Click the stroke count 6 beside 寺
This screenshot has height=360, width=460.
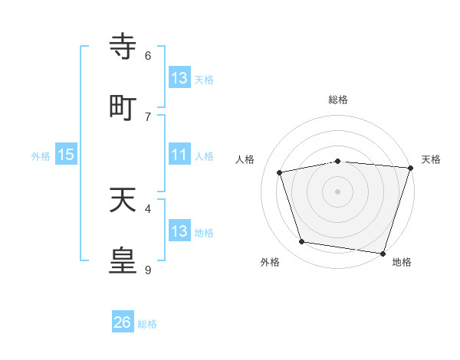[x=148, y=55]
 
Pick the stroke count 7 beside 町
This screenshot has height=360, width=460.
[x=148, y=116]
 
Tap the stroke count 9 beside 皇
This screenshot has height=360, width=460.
[x=148, y=270]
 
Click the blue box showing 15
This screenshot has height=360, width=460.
[x=66, y=155]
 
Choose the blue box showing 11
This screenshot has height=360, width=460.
[x=179, y=155]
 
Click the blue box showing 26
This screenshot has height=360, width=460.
[x=123, y=322]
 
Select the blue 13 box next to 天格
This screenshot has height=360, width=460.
[x=179, y=78]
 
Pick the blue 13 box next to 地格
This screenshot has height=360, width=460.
[x=179, y=231]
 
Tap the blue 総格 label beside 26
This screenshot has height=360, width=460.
[x=148, y=324]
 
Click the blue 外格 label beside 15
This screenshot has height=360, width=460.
[x=41, y=155]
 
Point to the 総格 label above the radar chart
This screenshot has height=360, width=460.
[x=338, y=100]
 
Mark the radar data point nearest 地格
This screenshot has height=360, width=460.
[x=383, y=253]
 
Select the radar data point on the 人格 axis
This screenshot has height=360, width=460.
[x=280, y=172]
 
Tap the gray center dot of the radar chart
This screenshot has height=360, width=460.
[x=338, y=191]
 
